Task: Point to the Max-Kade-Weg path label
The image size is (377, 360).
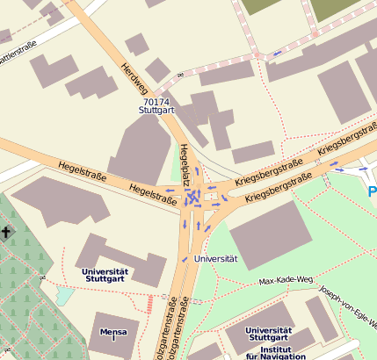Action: (286, 281)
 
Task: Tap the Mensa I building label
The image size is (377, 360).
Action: (112, 335)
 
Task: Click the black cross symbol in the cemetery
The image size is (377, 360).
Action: (7, 233)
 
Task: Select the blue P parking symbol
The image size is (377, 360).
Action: (372, 191)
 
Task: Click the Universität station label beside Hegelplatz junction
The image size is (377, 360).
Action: (215, 259)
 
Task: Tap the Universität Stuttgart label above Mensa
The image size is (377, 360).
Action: (105, 276)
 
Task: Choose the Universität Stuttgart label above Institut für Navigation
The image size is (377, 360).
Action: (268, 335)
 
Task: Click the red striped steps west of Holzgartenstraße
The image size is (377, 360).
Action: (150, 304)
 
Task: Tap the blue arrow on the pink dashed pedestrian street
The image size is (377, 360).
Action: (278, 54)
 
